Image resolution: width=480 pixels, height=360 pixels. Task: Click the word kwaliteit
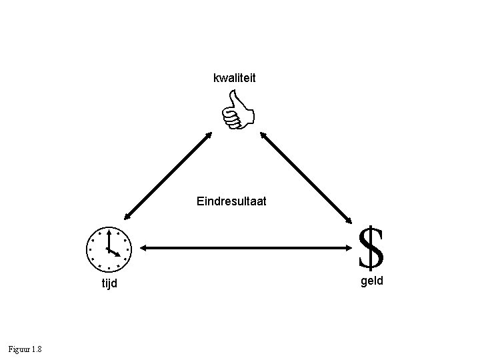click(x=234, y=79)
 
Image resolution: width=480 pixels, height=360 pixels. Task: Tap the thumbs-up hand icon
click(x=238, y=111)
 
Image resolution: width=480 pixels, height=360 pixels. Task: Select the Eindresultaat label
click(x=231, y=200)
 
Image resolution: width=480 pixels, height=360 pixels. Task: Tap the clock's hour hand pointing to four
click(x=114, y=253)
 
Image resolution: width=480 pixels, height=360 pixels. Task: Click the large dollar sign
click(x=371, y=247)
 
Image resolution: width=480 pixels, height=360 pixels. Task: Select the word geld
click(x=371, y=281)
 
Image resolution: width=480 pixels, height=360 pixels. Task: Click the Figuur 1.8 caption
click(x=25, y=349)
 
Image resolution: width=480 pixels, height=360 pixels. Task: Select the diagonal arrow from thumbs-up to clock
click(x=167, y=175)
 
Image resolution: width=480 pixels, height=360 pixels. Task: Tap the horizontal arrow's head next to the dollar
click(x=354, y=249)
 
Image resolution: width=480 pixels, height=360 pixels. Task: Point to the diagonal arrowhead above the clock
click(x=126, y=215)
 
